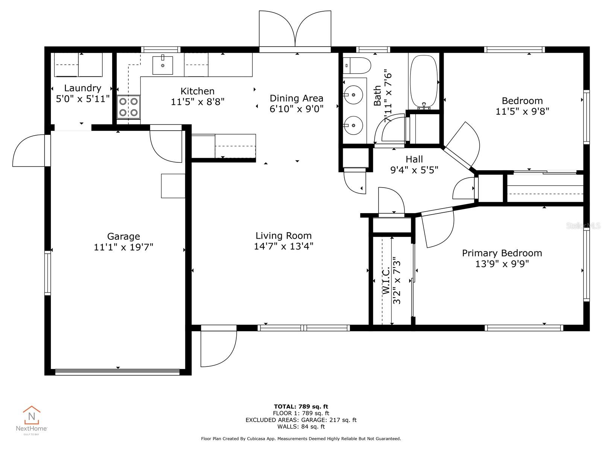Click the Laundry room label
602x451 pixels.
click(82, 88)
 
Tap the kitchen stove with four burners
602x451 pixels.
click(128, 107)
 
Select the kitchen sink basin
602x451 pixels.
click(163, 65)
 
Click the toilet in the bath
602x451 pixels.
click(357, 65)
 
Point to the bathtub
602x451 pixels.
click(424, 82)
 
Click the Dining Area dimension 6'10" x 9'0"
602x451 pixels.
click(296, 109)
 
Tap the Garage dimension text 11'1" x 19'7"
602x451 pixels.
click(123, 247)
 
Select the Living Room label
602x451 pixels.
click(283, 236)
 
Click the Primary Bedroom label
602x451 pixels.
click(502, 253)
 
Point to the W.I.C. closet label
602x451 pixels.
click(386, 281)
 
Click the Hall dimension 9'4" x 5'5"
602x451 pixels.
click(414, 170)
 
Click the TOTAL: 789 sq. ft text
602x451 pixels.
click(301, 406)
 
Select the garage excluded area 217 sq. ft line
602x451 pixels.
click(301, 420)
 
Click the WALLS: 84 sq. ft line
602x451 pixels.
click(301, 427)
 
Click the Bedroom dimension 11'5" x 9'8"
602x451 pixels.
click(522, 111)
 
